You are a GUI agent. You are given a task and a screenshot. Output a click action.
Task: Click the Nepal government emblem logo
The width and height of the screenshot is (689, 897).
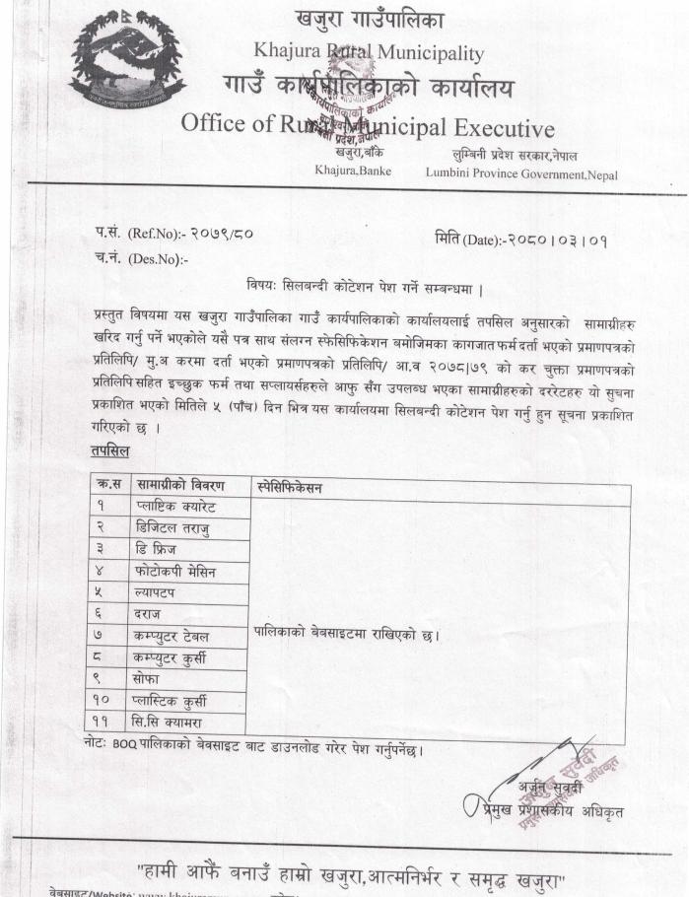click(x=127, y=61)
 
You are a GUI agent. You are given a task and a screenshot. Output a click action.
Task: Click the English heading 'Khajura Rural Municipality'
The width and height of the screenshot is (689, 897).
click(x=369, y=51)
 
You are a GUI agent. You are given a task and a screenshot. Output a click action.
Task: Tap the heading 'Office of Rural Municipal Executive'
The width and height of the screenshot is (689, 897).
click(x=367, y=126)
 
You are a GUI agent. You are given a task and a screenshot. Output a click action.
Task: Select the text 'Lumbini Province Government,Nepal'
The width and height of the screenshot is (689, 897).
click(x=521, y=173)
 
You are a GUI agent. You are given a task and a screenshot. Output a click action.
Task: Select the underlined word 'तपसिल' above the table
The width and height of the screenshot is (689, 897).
click(x=108, y=450)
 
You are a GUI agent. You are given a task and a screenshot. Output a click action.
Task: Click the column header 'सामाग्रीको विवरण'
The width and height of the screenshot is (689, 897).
click(x=180, y=486)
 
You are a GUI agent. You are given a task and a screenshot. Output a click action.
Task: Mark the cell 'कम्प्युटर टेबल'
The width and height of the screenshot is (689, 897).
click(x=177, y=636)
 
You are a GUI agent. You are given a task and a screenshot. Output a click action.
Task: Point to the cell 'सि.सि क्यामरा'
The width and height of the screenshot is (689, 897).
click(x=174, y=723)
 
